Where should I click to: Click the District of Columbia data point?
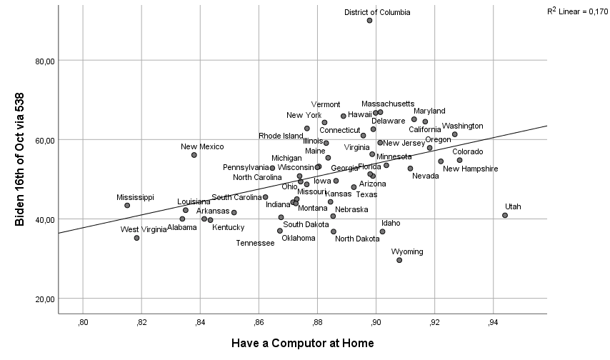coord(369,21)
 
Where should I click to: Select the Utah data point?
coord(505,215)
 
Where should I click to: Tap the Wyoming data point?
coord(399,260)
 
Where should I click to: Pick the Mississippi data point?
coord(127,206)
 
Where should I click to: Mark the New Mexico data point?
coord(194,155)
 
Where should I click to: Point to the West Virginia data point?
coord(136,238)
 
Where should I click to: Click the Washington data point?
coord(454,134)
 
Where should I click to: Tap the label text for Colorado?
coord(467,151)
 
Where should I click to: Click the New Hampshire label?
coord(470,169)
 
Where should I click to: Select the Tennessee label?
coord(255,243)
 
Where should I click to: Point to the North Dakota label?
coord(357,239)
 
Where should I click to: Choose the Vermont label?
coord(326,105)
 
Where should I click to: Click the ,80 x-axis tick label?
coord(83,323)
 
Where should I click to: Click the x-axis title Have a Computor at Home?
coord(302,344)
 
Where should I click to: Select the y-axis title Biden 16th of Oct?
coord(20,159)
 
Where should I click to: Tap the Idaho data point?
coord(382,231)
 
